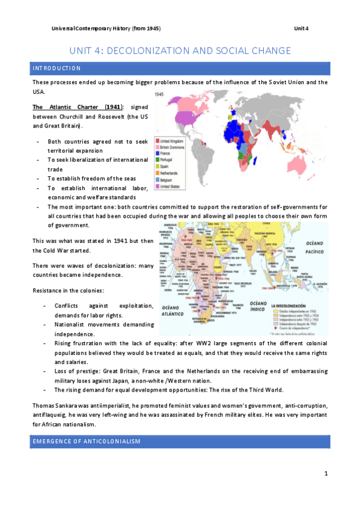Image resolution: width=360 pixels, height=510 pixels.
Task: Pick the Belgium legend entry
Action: click(168, 179)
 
